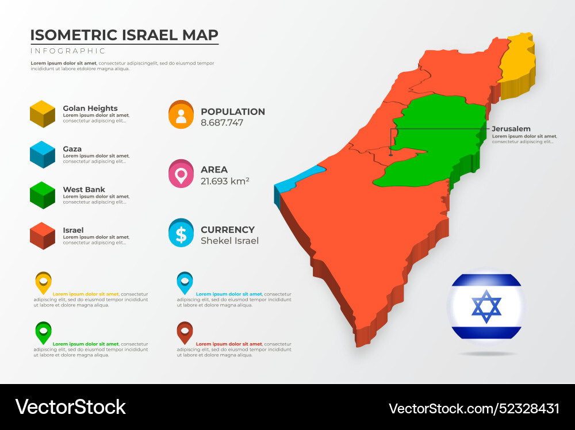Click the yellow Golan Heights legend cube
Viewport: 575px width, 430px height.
[x=42, y=114]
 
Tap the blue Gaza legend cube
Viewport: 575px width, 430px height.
[x=42, y=155]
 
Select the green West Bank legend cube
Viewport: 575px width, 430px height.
[x=42, y=195]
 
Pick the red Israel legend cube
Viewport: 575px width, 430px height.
[x=42, y=236]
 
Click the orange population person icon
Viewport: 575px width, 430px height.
[x=181, y=115]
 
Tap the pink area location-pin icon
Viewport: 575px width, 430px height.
[x=181, y=174]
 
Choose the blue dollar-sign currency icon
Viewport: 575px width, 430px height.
[x=181, y=233]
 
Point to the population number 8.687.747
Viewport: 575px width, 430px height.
[x=222, y=122]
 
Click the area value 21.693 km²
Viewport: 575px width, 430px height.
[x=225, y=181]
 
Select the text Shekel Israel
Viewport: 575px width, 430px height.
[x=229, y=241]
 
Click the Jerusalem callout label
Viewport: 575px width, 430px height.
[x=511, y=129]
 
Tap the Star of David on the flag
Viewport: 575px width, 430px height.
[x=486, y=306]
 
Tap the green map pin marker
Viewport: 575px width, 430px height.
[x=43, y=333]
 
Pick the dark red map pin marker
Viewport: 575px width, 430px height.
[x=185, y=333]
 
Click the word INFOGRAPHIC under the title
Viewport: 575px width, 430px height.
[x=68, y=51]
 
